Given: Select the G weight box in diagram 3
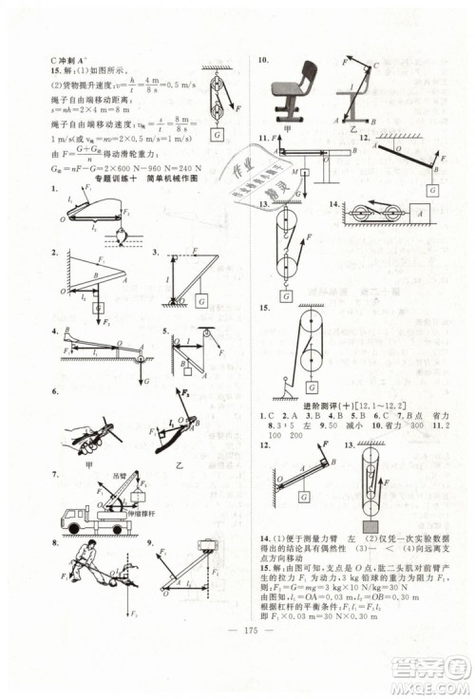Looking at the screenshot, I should point(202,302).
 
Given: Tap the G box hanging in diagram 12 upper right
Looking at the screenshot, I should point(433,190).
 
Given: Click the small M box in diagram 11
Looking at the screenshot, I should point(308,172).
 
